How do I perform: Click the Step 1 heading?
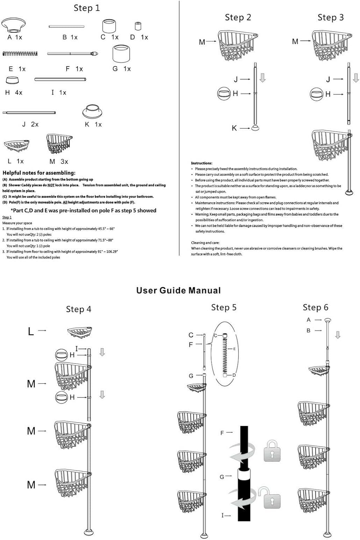pyautogui.click(x=87, y=8)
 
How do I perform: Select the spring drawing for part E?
pyautogui.click(x=20, y=54)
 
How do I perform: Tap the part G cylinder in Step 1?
pyautogui.click(x=121, y=54)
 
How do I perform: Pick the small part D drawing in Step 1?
pyautogui.click(x=138, y=26)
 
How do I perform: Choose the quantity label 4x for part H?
pyautogui.click(x=18, y=93)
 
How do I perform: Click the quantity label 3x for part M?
pyautogui.click(x=64, y=162)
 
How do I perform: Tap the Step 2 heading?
pyautogui.click(x=238, y=17)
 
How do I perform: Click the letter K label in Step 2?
pyautogui.click(x=234, y=128)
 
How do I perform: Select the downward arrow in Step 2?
pyautogui.click(x=262, y=78)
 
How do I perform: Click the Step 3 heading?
pyautogui.click(x=330, y=17)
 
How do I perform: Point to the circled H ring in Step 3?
pyautogui.click(x=316, y=94)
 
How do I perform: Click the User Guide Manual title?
pyautogui.click(x=179, y=291)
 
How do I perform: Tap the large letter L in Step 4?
pyautogui.click(x=31, y=331)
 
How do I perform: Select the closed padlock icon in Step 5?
pyautogui.click(x=272, y=450)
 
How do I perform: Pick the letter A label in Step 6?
pyautogui.click(x=309, y=320)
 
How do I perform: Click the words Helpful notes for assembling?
pyautogui.click(x=39, y=173)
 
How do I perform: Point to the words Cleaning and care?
pyautogui.click(x=205, y=243)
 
